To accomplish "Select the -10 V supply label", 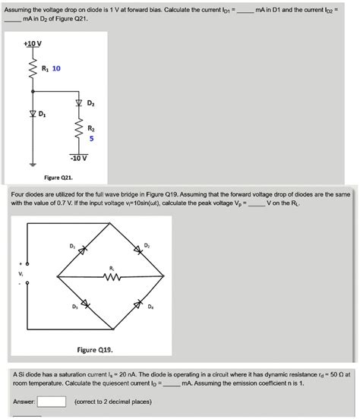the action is coord(79,158).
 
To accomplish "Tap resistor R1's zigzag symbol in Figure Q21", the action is coord(33,73).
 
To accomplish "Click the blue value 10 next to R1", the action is coord(55,69).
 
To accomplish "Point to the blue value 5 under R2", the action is coord(91,139).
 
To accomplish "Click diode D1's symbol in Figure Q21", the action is coord(33,114).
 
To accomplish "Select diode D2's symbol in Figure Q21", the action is coord(78,103).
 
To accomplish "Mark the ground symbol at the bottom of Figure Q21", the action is coord(33,163).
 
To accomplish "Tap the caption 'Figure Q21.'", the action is coord(58,177).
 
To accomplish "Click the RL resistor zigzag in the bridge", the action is coord(112,276).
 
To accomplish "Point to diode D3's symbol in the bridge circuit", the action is coord(85,304).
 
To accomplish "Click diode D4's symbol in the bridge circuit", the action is coord(138,304).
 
